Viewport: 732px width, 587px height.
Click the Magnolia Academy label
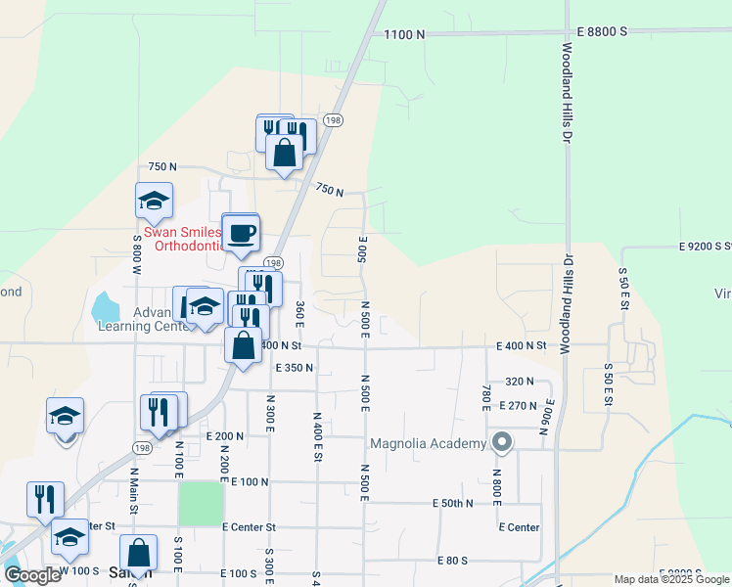[428, 443]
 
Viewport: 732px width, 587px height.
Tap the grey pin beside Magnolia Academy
[501, 442]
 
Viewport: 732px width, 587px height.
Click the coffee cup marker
[241, 233]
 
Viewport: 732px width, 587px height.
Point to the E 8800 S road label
[601, 32]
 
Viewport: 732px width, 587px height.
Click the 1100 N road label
[404, 34]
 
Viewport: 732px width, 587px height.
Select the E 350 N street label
[294, 368]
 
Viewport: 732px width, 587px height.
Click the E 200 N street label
[224, 436]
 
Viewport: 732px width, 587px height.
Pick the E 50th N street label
[452, 503]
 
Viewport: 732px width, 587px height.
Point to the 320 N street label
[520, 382]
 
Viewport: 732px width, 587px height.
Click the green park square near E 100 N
[200, 504]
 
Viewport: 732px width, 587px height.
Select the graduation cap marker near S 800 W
[154, 201]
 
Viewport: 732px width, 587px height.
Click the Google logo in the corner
[32, 575]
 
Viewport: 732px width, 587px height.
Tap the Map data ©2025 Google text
[672, 579]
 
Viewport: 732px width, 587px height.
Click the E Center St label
[250, 526]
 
